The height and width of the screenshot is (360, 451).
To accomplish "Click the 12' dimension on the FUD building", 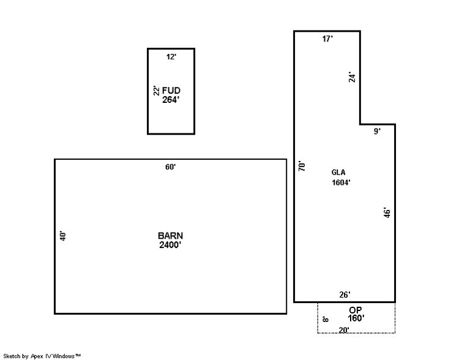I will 171,57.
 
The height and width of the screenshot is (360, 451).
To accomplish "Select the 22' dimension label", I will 157,91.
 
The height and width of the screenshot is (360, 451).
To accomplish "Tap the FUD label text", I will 171,91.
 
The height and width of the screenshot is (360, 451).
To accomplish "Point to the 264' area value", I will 171,99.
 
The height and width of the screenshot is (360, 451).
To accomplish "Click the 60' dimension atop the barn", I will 170,167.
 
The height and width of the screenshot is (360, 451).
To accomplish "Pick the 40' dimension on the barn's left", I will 62,236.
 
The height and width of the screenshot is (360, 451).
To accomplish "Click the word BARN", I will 170,236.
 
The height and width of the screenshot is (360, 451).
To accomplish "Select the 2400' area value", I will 170,245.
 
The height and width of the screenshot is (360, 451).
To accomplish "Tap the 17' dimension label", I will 327,39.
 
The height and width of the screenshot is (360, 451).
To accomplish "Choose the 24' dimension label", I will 351,78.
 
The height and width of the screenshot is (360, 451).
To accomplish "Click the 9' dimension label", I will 377,132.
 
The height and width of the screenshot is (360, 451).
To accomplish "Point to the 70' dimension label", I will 302,166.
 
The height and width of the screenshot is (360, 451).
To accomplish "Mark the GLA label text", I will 339,173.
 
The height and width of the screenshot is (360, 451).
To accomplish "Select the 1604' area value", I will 341,182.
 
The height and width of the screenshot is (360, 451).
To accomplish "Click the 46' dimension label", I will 386,213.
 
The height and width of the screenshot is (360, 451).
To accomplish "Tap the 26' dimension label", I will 345,294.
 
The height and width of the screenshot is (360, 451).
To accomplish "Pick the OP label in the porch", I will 356,310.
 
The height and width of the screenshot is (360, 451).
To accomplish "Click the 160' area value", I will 356,318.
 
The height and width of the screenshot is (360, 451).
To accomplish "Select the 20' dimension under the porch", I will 344,330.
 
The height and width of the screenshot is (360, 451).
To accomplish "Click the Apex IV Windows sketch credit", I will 42,356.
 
